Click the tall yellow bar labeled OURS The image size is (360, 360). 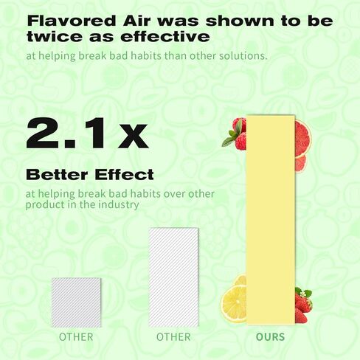tap(271, 220)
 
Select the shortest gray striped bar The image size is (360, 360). tap(76, 302)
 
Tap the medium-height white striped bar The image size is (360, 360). tap(173, 277)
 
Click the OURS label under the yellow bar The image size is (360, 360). tap(270, 337)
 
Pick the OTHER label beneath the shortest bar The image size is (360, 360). tap(76, 337)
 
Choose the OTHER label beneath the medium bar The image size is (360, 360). tap(173, 337)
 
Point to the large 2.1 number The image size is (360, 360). tap(67, 134)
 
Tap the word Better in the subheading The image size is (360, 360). tap(57, 175)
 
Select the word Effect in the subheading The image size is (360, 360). tap(124, 175)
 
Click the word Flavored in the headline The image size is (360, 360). tap(72, 21)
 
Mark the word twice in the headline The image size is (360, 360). tap(54, 36)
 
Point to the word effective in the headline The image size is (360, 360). tap(165, 36)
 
